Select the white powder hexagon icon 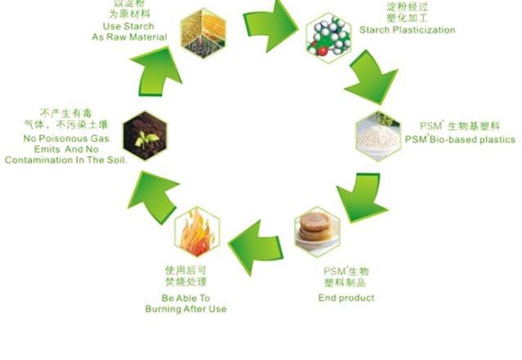click(x=377, y=135)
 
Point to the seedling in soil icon click(x=144, y=134)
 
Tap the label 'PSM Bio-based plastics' click(x=460, y=139)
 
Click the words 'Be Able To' click(x=187, y=298)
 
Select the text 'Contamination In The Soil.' click(x=65, y=159)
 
